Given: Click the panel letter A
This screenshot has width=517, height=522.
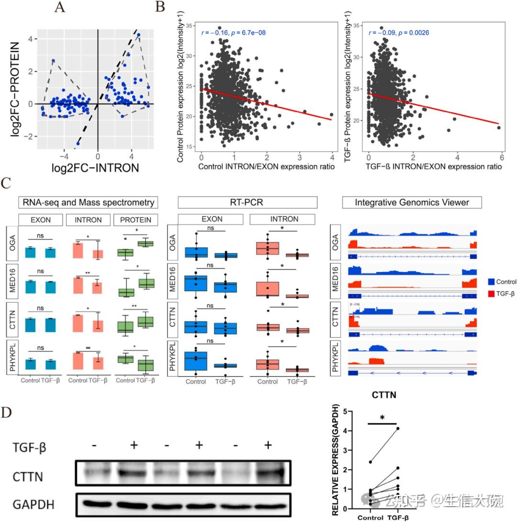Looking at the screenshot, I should coord(60,8).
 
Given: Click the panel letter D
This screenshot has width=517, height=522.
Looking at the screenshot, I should coord(7,412).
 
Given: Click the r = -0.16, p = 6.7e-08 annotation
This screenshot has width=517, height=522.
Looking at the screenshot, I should coord(233,33).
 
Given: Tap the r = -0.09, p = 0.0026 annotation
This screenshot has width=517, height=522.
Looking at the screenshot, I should coord(398,33).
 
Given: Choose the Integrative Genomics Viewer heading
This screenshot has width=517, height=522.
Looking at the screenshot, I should coord(412,203).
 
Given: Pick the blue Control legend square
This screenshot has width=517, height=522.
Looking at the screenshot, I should coord(490,282).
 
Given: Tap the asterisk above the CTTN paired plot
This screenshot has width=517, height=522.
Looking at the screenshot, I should coord(382,418).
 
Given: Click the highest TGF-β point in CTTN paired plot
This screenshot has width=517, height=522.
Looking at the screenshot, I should coord(398,429).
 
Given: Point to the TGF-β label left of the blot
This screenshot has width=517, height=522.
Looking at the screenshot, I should coord(30,448).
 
